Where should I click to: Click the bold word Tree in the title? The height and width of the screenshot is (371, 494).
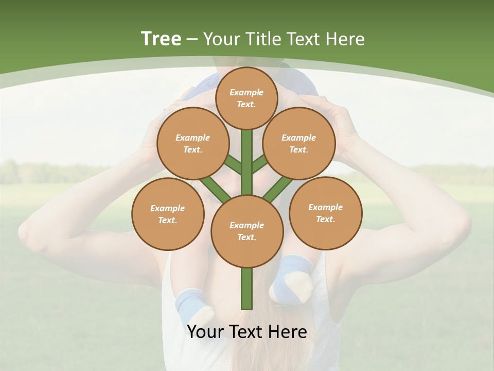161,39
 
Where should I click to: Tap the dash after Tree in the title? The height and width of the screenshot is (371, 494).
192,39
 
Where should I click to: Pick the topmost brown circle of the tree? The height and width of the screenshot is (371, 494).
246,98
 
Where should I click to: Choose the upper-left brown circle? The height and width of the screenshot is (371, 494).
193,143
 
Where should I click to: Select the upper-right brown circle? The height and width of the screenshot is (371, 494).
299,143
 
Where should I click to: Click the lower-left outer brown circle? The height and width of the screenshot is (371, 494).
168,214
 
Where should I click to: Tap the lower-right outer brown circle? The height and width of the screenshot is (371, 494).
325,213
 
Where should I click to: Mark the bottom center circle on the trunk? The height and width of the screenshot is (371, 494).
247,231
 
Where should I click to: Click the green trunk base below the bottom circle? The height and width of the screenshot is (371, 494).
247,289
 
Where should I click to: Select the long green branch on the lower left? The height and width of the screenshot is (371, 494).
215,189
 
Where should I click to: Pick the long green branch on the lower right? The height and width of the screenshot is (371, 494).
278,189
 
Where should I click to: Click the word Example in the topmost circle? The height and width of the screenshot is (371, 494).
246,92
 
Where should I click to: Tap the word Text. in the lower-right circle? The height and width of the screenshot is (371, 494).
325,219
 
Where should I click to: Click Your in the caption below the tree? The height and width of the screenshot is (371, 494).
205,332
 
